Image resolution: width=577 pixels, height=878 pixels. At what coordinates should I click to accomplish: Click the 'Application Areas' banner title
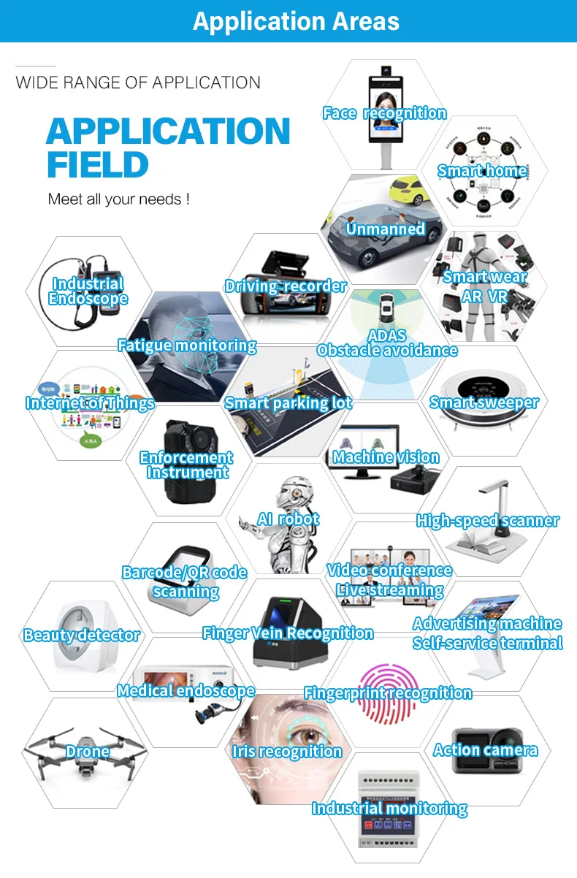[x=296, y=21]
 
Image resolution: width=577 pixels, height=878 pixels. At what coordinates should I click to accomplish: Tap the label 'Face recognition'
[x=384, y=113]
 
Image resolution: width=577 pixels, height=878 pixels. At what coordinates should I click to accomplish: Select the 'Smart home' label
[x=482, y=172]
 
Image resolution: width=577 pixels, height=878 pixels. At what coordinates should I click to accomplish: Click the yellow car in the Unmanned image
[x=410, y=191]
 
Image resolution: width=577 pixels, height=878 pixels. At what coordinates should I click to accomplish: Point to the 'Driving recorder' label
[x=285, y=286]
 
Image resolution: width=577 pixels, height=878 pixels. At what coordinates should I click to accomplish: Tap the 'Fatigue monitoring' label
[x=187, y=346]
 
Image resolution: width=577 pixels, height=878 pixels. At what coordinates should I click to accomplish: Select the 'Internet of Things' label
[x=90, y=403]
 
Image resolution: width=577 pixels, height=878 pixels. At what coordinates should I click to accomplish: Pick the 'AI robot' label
[x=288, y=520]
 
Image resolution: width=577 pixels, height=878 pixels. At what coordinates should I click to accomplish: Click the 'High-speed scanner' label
[x=487, y=521]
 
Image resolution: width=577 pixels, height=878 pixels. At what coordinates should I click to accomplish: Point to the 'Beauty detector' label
[x=81, y=635]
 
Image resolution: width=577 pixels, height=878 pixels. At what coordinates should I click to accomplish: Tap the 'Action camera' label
[x=485, y=750]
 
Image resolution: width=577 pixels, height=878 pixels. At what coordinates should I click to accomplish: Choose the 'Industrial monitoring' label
[x=389, y=809]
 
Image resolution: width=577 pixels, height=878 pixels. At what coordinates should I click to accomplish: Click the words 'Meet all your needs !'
[x=118, y=199]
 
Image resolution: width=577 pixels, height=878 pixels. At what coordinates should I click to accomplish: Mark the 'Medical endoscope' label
[x=186, y=690]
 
